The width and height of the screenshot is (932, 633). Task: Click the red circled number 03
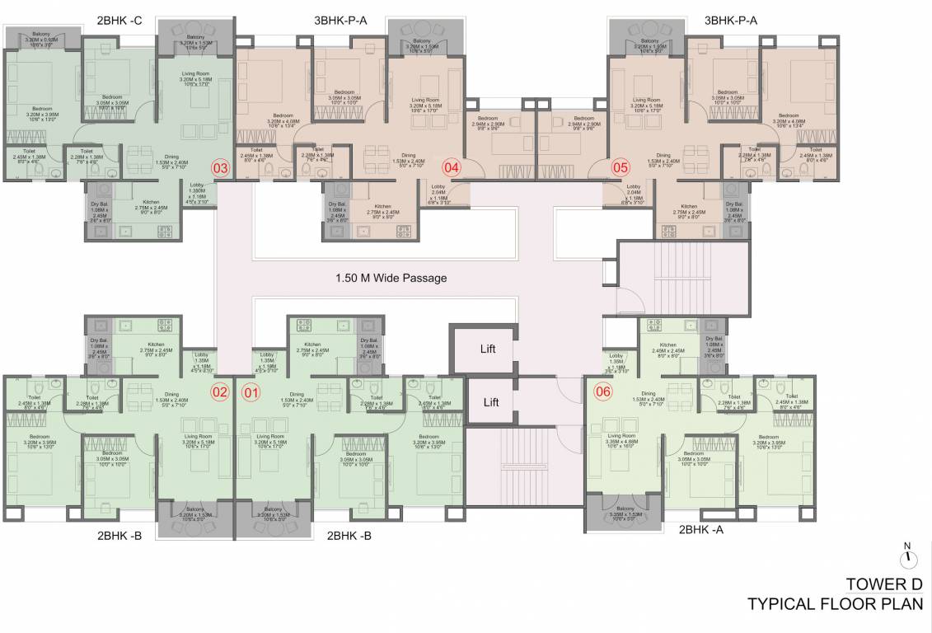(x=220, y=167)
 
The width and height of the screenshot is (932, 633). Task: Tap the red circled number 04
(x=451, y=167)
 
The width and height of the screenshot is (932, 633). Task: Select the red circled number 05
(x=620, y=167)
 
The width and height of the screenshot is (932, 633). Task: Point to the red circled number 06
(x=603, y=392)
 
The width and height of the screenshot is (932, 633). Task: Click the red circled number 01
(x=251, y=392)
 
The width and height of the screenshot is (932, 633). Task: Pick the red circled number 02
(x=219, y=392)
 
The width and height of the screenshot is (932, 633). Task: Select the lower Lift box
(x=492, y=402)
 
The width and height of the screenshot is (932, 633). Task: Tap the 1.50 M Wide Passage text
(x=391, y=278)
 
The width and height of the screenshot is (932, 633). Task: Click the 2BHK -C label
(x=120, y=20)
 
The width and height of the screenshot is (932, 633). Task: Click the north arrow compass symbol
(x=908, y=559)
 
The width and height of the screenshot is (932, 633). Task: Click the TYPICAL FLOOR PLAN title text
(x=835, y=604)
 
